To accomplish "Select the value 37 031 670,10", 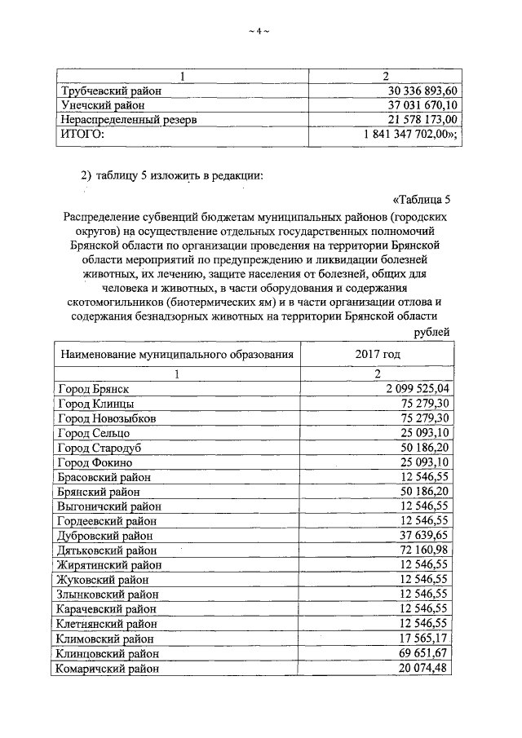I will click(x=412, y=105).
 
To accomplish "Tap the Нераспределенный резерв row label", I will click(x=130, y=120).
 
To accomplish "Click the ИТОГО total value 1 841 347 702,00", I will click(x=405, y=135).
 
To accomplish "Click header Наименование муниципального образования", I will click(x=175, y=355).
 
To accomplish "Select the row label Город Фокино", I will click(x=96, y=462).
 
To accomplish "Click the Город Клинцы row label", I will click(x=95, y=404).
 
